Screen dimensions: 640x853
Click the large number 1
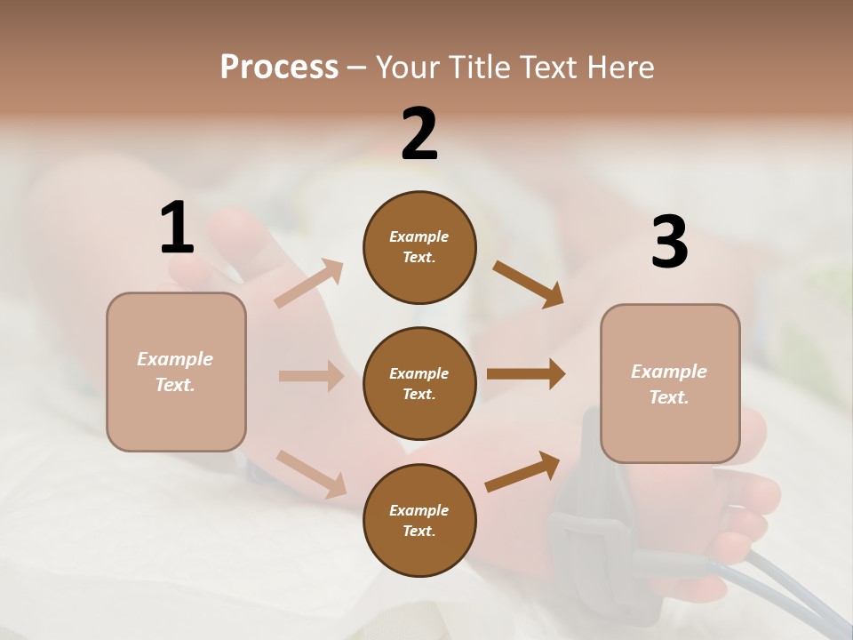click(177, 228)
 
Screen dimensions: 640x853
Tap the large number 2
click(419, 134)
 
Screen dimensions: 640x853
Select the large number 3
click(669, 243)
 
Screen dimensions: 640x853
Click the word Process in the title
click(279, 67)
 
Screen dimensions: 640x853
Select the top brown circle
click(419, 247)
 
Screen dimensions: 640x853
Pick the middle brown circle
click(419, 383)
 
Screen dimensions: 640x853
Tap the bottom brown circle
click(419, 520)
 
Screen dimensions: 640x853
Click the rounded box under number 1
click(176, 372)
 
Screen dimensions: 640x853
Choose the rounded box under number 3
click(670, 383)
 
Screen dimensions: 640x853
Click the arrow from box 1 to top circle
click(309, 284)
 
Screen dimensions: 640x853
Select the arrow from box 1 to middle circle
click(311, 376)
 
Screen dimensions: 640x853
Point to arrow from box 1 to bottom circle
click(311, 474)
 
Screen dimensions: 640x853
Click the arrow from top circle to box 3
click(528, 284)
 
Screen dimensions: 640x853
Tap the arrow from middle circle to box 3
click(526, 374)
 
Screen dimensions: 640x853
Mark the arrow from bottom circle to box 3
click(522, 472)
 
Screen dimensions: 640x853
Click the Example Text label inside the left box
click(175, 372)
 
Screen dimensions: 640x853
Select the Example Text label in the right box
click(669, 384)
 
